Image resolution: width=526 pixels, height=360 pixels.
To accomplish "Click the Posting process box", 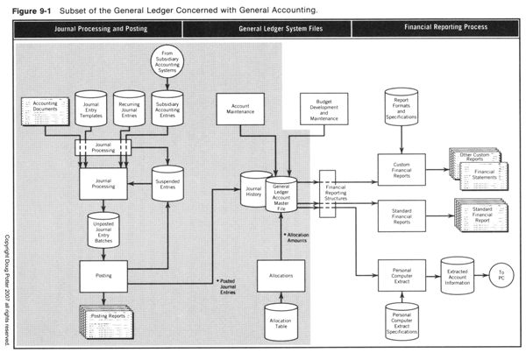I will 104,274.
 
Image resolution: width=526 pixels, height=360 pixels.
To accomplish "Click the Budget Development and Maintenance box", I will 322,110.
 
